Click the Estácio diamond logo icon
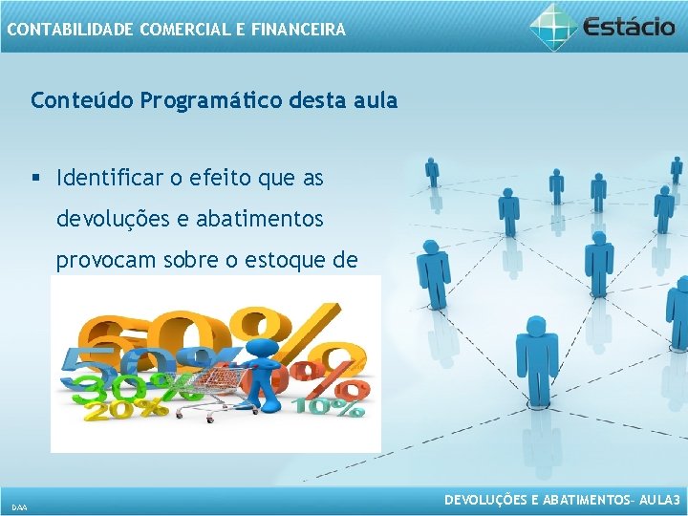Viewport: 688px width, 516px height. [x=554, y=26]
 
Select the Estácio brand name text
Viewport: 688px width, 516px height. [x=632, y=27]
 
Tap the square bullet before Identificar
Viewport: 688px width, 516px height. [x=36, y=179]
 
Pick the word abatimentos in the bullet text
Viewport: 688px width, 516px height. [x=260, y=220]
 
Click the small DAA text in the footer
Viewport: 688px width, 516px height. [x=19, y=505]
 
